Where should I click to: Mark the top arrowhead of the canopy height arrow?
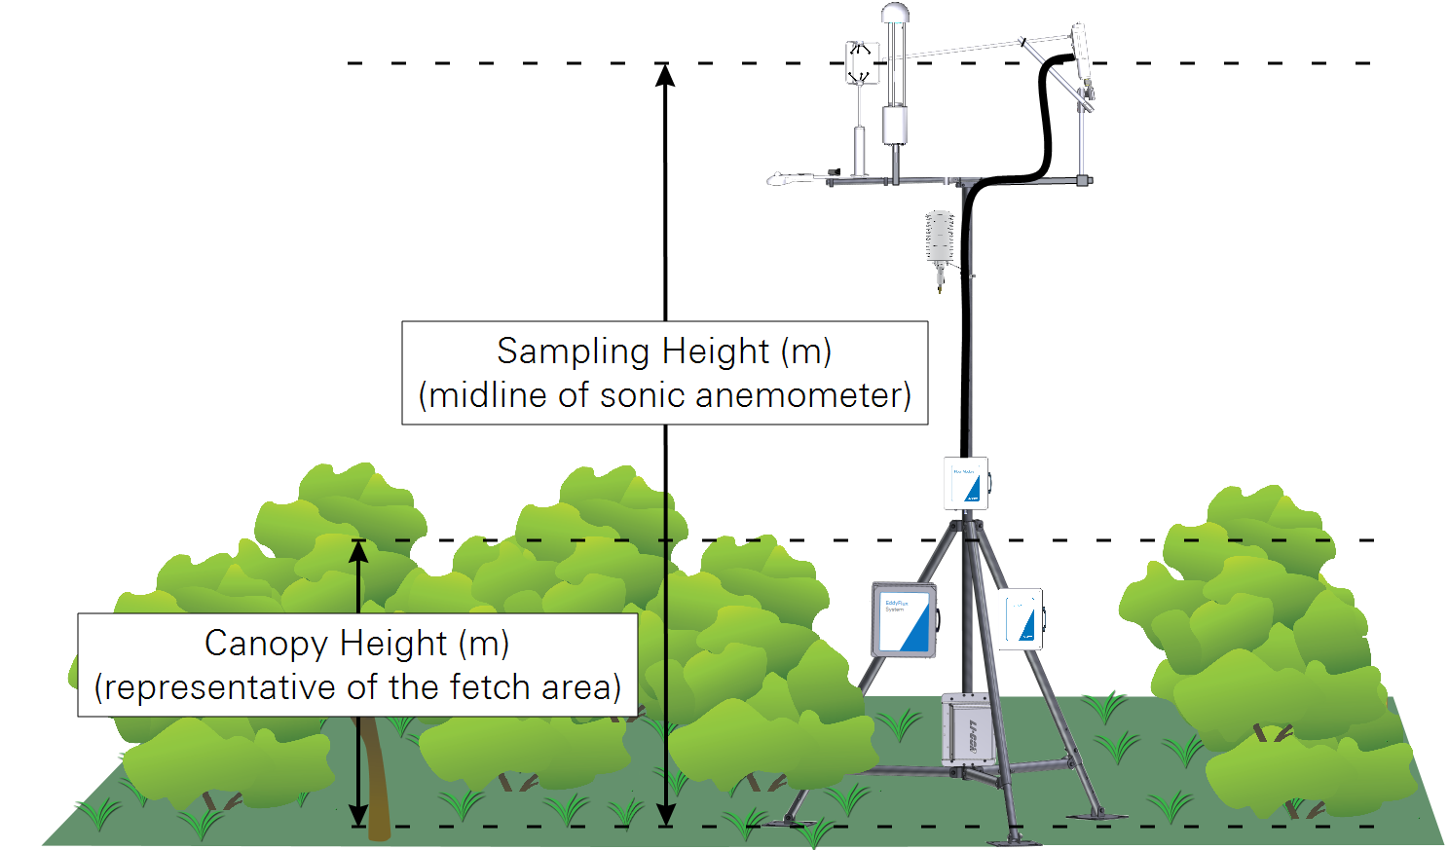pos(358,552)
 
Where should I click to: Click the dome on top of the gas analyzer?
pos(894,14)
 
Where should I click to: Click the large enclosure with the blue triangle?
pos(904,619)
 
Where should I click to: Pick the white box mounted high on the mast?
pos(966,483)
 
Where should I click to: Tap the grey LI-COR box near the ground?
pos(966,729)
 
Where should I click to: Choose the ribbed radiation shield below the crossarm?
pos(939,239)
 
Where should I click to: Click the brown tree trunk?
pos(377,779)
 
